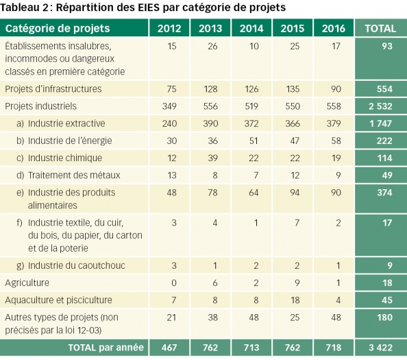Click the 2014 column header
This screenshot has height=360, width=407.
click(251, 29)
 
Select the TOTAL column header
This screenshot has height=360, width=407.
click(381, 29)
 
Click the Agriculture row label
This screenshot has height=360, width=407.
click(27, 283)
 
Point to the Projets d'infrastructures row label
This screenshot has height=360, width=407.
click(53, 89)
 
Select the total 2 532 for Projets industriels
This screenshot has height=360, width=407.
click(381, 106)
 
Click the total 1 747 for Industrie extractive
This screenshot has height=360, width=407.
click(381, 123)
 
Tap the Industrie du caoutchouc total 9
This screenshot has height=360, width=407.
click(381, 265)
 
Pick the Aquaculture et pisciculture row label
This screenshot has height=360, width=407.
click(58, 300)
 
